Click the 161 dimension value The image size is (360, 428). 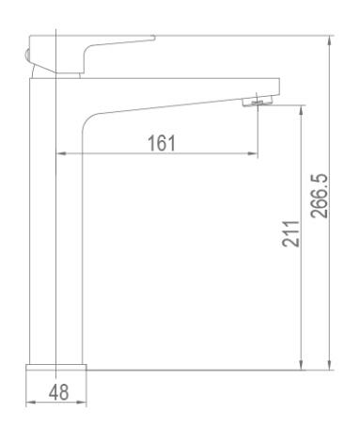point(162,143)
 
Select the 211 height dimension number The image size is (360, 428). point(290,233)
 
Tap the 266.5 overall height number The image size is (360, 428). point(320,196)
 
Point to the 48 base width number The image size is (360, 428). point(59,391)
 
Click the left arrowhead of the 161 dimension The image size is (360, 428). point(60,153)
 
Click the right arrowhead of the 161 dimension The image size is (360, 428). point(253,153)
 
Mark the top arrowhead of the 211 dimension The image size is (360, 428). point(301,110)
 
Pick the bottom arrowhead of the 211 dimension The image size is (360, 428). point(301,365)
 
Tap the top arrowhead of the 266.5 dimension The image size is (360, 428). point(329,41)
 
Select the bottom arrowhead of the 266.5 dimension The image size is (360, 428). point(329,365)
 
